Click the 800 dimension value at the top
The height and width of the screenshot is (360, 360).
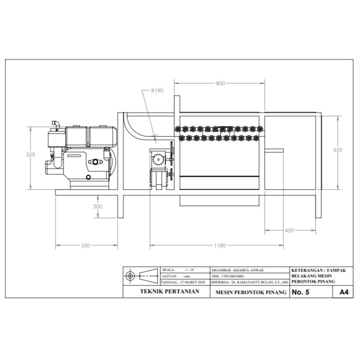tap(221, 83)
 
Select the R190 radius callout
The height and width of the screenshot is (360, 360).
tap(157, 91)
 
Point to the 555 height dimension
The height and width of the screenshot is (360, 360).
tap(30, 154)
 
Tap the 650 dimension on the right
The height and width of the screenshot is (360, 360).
tap(338, 150)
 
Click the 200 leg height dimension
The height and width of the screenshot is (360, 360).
tap(98, 206)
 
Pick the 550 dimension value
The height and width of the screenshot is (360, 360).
tap(85, 245)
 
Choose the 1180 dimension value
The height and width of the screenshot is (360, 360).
tap(220, 245)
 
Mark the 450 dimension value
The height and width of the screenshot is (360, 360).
tap(289, 230)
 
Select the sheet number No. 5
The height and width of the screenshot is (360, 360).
tap(300, 292)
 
